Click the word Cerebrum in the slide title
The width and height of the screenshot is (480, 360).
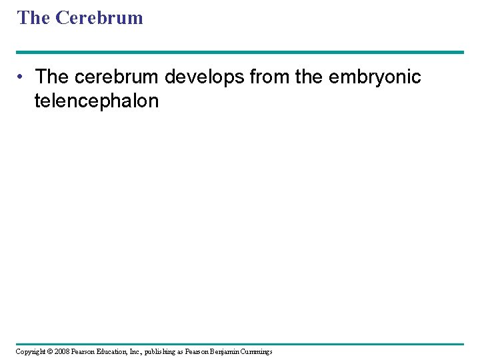coord(99,18)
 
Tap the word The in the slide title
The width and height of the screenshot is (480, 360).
coord(34,18)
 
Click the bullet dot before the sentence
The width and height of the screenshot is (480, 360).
coord(23,77)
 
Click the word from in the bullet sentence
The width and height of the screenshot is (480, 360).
coord(269,77)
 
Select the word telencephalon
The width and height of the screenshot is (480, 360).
coord(97,101)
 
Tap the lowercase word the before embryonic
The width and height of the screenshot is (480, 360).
coord(308,77)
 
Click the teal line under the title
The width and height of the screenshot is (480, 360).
coord(240,52)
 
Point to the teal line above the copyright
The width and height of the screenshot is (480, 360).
coord(240,344)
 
